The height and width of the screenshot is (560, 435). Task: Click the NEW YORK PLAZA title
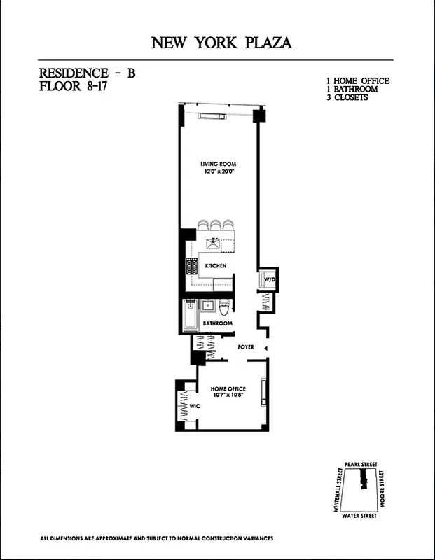221,43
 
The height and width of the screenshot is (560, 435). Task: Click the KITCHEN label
215,266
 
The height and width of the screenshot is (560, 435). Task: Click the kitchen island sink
215,243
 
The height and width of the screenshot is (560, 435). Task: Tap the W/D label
269,280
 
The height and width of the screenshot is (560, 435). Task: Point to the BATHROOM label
217,323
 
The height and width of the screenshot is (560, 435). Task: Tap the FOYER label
245,346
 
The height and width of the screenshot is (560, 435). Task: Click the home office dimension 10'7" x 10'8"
228,398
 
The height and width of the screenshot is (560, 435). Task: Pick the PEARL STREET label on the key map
361,463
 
